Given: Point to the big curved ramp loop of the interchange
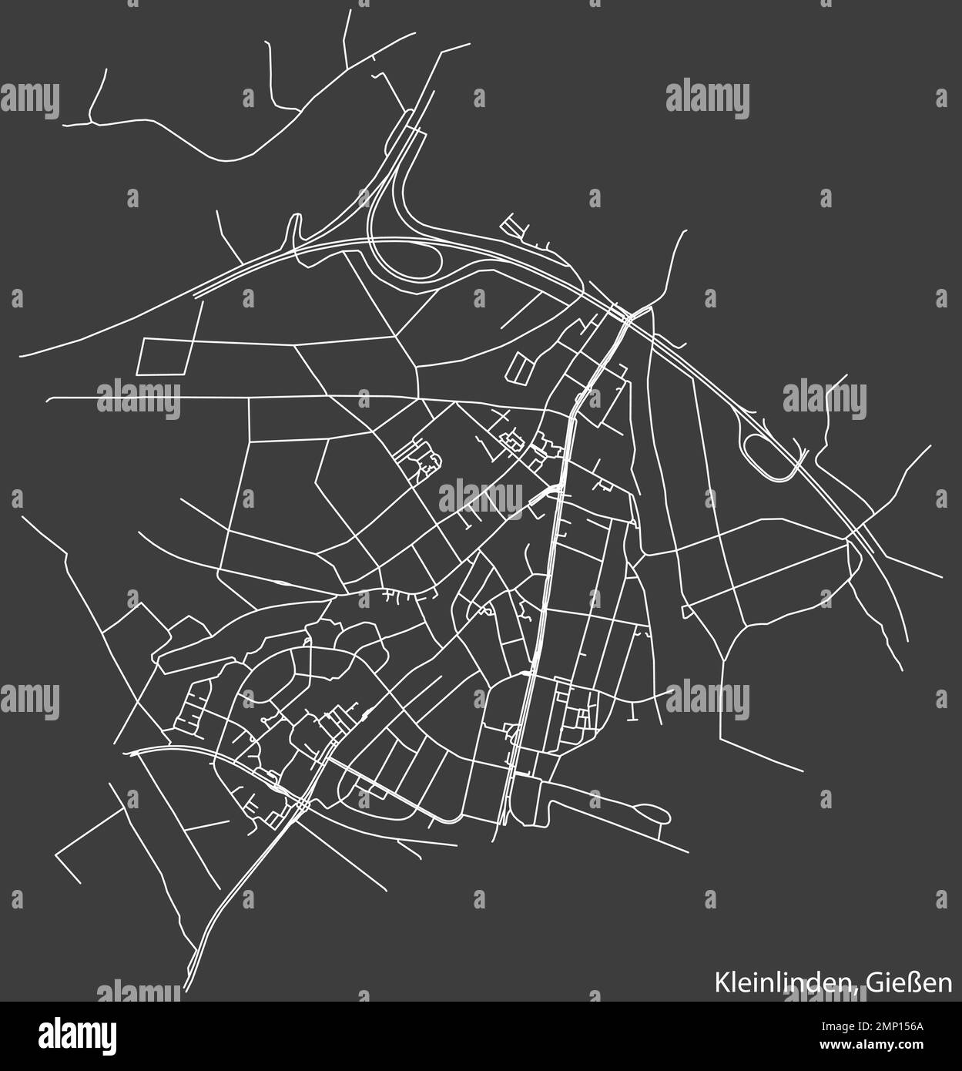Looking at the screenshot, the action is tap(401, 254).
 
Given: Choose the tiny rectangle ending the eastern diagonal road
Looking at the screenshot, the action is tap(685, 612).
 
